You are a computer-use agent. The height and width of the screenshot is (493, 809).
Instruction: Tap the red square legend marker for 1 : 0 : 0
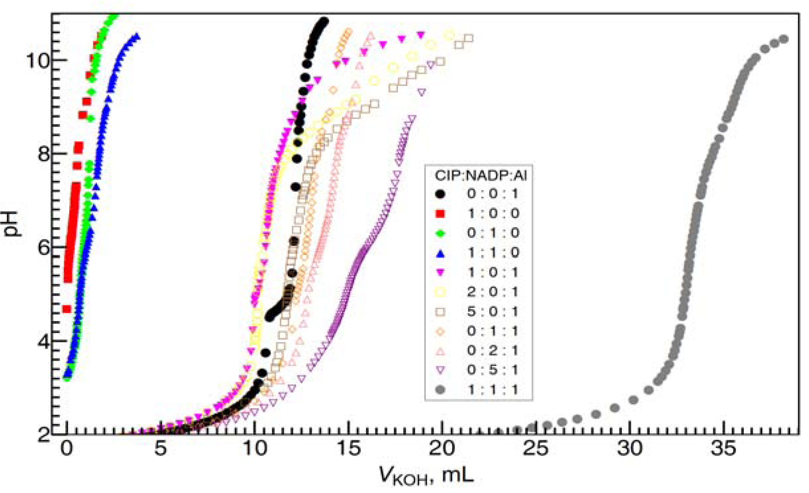[440, 214]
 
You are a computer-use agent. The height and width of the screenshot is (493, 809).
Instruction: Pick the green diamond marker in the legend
[440, 233]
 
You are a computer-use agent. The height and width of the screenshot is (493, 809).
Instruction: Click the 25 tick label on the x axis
[535, 449]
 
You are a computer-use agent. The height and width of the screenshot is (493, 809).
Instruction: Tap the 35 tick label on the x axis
[723, 449]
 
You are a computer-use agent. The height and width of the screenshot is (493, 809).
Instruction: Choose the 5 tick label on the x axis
[161, 449]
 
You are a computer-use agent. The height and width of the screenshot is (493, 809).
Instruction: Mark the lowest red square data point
[67, 309]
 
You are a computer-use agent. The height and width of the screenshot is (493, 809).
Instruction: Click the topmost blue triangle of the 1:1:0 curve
[136, 36]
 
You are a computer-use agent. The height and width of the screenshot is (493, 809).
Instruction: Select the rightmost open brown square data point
[469, 38]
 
